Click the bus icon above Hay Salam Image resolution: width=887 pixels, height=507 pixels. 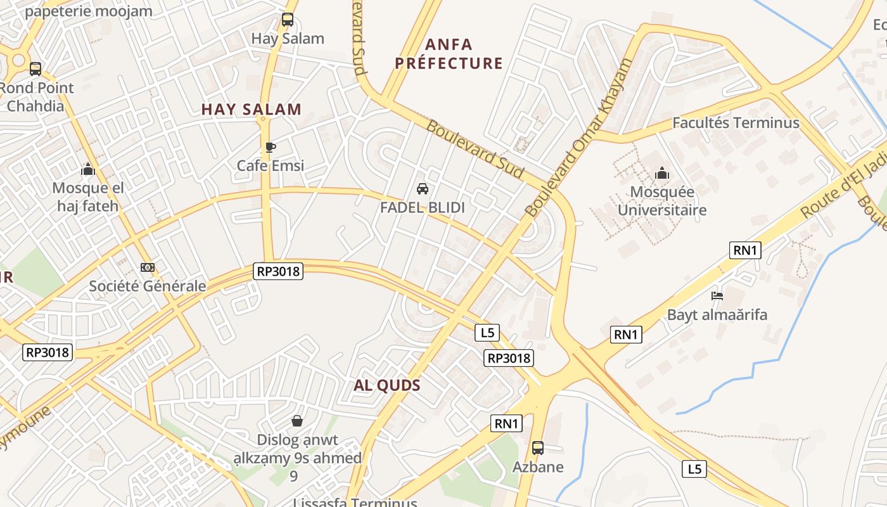point(288,20)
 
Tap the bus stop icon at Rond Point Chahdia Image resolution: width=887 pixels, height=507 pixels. point(35,68)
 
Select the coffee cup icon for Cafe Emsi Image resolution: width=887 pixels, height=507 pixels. point(271,148)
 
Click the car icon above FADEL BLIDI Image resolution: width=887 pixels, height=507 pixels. point(423,189)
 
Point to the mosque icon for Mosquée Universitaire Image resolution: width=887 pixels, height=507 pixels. point(662,173)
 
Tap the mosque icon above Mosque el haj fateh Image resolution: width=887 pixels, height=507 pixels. point(88,169)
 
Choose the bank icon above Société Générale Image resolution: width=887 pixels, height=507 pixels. point(148,267)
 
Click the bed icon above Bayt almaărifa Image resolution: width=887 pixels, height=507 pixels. point(717,295)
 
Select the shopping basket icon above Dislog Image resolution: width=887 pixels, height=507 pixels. point(297,420)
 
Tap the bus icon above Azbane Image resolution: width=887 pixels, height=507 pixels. point(538,448)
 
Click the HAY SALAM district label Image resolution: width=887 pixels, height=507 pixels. point(252,109)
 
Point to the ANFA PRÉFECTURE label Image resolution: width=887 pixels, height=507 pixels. point(449,54)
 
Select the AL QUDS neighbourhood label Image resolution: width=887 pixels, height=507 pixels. point(387,385)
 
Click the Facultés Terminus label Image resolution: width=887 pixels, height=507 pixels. point(736,122)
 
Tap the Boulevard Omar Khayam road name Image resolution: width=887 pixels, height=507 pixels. point(578,139)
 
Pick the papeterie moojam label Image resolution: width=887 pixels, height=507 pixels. point(89,11)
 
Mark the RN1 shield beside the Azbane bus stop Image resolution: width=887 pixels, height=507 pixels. point(507,423)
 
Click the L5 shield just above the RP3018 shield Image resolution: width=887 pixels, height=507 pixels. point(487,333)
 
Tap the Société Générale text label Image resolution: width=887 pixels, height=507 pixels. point(148,286)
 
